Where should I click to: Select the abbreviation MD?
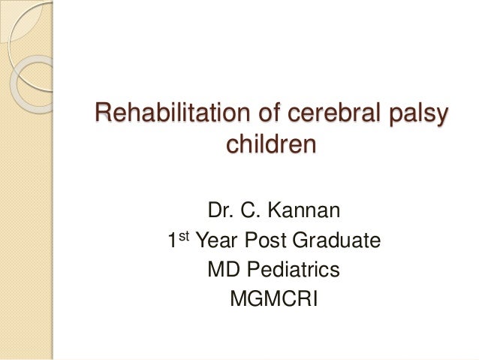[x=220, y=270]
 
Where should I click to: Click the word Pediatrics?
[x=290, y=270]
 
